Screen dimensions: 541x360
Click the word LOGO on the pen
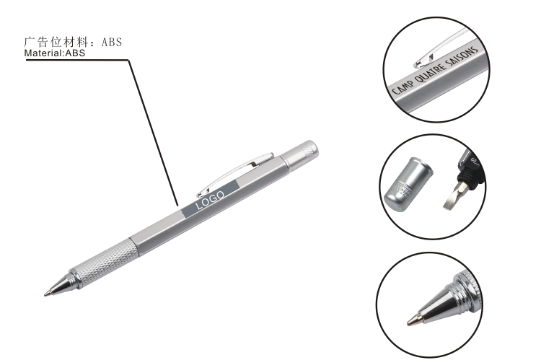click(x=210, y=200)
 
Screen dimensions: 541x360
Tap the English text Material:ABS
click(x=55, y=53)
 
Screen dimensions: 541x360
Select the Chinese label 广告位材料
click(x=56, y=42)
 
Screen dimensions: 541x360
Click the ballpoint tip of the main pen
click(x=46, y=294)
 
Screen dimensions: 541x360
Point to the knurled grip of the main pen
click(x=104, y=261)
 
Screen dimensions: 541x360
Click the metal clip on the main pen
click(x=234, y=175)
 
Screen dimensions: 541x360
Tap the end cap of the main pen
click(x=299, y=154)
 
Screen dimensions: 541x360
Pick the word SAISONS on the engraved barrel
click(x=462, y=56)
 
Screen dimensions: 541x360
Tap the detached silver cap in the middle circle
click(x=408, y=185)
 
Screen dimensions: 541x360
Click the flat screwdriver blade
click(x=454, y=197)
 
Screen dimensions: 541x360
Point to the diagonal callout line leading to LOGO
click(x=154, y=133)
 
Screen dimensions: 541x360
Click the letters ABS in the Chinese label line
click(x=112, y=42)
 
